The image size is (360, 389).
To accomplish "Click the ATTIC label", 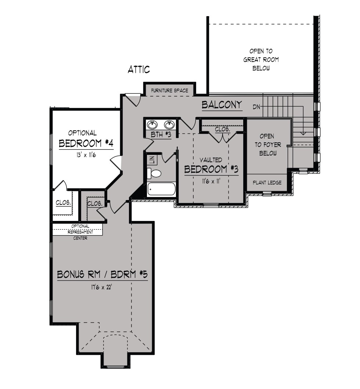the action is click(x=139, y=69).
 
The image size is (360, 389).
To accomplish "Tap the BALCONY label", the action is click(x=222, y=105).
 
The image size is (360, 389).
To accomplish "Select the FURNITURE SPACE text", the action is click(x=170, y=91).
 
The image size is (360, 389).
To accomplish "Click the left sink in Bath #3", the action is click(x=152, y=124).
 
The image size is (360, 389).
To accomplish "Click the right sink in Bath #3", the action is click(x=169, y=124).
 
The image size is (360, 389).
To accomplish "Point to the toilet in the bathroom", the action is click(x=154, y=173).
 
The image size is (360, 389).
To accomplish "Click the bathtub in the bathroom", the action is click(x=161, y=189).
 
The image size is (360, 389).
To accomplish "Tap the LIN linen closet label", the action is click(x=152, y=160).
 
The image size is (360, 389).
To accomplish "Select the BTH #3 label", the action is click(x=161, y=134).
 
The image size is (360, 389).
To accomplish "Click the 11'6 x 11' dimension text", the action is click(x=211, y=181).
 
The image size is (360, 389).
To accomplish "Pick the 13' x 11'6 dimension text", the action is click(x=86, y=155).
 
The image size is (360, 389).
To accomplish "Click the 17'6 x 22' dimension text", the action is click(x=102, y=287).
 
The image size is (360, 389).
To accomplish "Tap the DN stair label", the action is click(x=256, y=107).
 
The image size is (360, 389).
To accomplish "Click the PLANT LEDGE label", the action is click(x=267, y=183).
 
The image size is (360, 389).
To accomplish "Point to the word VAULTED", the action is click(x=211, y=160).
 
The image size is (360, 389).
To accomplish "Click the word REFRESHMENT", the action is click(x=80, y=232).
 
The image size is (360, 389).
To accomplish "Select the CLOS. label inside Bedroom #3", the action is click(x=223, y=129).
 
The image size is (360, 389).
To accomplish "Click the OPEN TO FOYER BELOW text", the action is click(x=268, y=145).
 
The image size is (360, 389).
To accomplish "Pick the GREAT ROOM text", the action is click(x=261, y=59).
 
